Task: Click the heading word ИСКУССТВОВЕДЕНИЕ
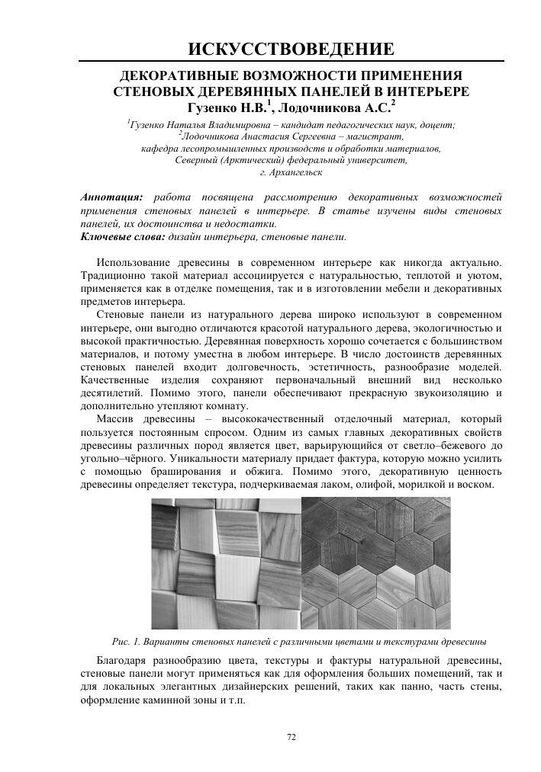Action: click(291, 50)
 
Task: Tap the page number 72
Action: click(291, 736)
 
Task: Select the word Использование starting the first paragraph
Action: click(136, 262)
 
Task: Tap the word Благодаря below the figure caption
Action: click(127, 659)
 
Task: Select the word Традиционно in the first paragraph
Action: click(116, 275)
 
